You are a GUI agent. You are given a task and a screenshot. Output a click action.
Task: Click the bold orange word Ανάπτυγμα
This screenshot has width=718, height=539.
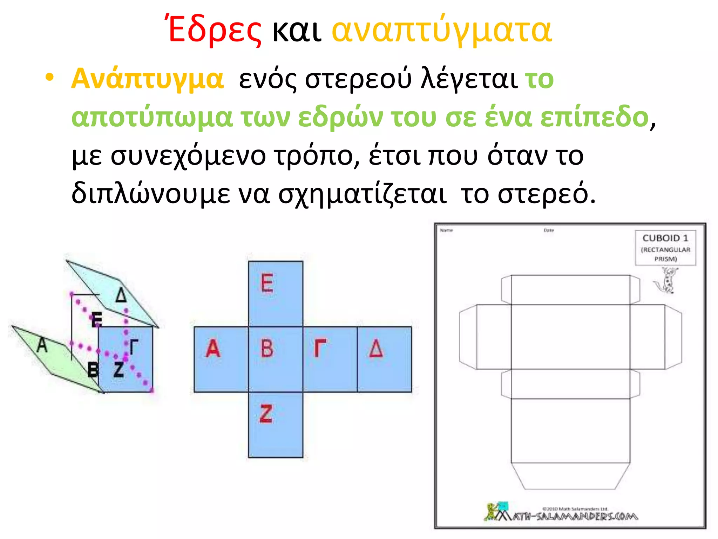tap(147, 79)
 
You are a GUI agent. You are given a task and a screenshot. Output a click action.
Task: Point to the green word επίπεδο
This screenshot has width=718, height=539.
tap(594, 117)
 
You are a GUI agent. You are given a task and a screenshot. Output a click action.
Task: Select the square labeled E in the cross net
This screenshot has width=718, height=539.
tap(276, 293)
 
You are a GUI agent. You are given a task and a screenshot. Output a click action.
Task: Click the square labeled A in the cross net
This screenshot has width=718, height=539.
tap(221, 359)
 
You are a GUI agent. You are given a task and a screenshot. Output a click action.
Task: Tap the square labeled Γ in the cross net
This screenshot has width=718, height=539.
tap(330, 359)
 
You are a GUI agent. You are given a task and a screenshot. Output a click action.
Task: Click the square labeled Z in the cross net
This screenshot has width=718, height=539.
tap(276, 425)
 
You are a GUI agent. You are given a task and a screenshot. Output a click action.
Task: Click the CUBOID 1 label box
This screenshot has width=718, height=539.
tap(665, 248)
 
